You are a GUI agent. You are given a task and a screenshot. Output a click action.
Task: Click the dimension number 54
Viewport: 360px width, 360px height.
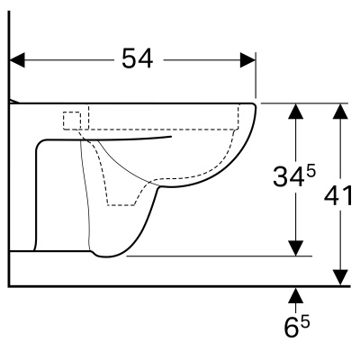(x=138, y=58)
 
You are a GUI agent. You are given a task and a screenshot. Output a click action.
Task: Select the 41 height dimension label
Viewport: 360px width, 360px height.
(x=338, y=196)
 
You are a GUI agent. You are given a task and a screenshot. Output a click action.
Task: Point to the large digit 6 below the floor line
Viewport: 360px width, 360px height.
(x=291, y=328)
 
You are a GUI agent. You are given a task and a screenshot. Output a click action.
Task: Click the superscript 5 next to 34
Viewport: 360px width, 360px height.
(x=310, y=172)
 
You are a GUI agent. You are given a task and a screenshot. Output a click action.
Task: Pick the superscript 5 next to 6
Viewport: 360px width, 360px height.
(x=305, y=323)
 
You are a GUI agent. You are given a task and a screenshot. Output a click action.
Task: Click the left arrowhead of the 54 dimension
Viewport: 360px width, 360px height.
(x=17, y=60)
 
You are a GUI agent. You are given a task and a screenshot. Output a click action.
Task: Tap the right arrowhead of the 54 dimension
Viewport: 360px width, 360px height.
(x=247, y=60)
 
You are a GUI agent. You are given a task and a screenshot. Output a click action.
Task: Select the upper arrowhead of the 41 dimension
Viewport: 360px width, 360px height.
(x=340, y=111)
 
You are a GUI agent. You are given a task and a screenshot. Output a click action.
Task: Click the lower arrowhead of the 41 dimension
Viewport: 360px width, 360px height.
(x=340, y=277)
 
